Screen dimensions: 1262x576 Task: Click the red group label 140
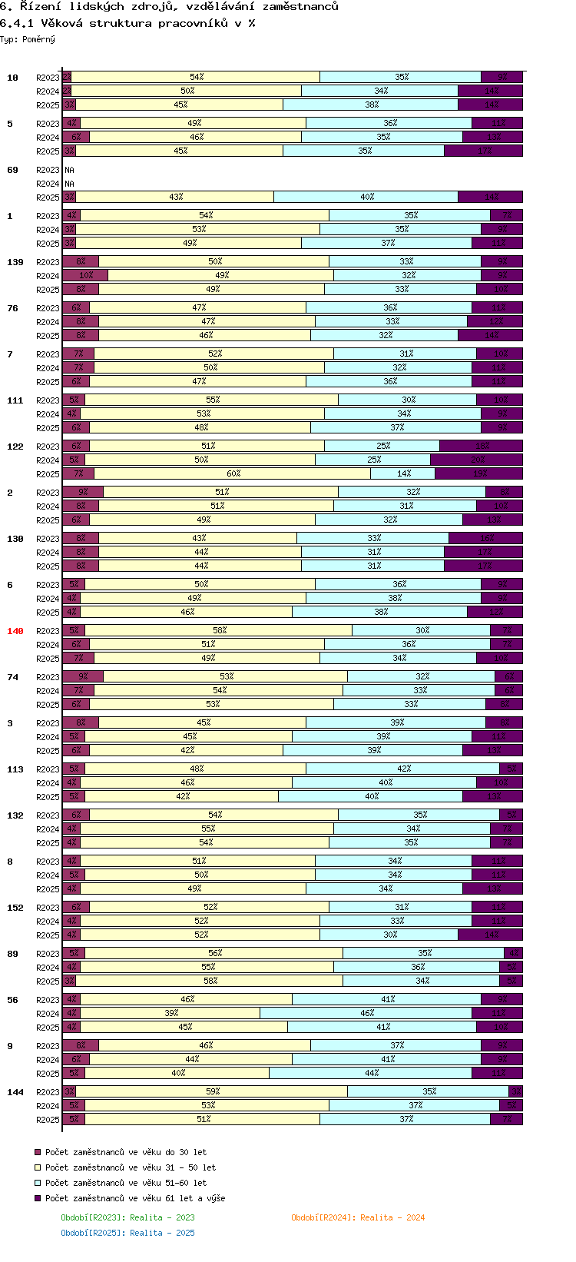click(x=15, y=631)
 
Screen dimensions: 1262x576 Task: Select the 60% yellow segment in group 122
click(x=233, y=474)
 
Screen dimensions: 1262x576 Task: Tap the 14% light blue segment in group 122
click(x=403, y=474)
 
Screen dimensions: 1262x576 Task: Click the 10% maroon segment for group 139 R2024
click(x=85, y=276)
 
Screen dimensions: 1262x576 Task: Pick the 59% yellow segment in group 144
click(x=212, y=1091)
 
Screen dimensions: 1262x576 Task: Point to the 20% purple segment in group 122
click(x=476, y=460)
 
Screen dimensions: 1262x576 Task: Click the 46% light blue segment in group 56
click(x=366, y=1014)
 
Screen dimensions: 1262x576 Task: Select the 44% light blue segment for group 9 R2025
click(x=371, y=1074)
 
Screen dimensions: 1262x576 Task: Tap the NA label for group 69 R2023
click(x=69, y=170)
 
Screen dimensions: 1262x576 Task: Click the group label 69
click(x=12, y=170)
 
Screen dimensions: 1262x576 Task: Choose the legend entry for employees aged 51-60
click(x=125, y=1183)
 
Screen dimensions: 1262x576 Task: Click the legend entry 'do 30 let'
click(x=125, y=1152)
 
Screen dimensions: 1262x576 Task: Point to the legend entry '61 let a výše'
click(x=134, y=1198)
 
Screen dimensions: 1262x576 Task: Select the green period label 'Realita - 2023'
click(x=127, y=1217)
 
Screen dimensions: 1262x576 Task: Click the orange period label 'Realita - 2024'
click(x=358, y=1217)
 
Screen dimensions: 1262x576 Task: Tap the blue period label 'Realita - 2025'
click(x=127, y=1233)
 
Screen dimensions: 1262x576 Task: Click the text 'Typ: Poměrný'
click(x=28, y=39)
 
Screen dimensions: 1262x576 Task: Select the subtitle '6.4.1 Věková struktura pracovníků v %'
click(x=127, y=23)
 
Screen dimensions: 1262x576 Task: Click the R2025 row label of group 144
click(x=48, y=1120)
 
